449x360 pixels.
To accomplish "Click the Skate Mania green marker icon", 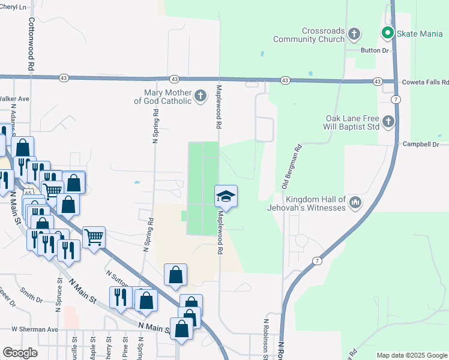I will click(x=387, y=34).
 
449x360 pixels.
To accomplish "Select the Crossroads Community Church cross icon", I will click(x=354, y=34).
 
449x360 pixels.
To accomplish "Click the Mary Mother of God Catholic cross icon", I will click(x=200, y=95).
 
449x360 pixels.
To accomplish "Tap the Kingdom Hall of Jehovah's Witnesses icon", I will click(x=355, y=203).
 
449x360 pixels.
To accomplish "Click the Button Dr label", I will click(x=371, y=50).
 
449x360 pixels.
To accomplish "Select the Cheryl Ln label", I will click(x=14, y=7).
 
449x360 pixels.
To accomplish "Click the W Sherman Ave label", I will click(x=34, y=329).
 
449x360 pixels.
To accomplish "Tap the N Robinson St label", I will click(x=265, y=339).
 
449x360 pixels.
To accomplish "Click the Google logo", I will click(x=20, y=353).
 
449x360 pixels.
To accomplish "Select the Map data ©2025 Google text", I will click(x=411, y=355).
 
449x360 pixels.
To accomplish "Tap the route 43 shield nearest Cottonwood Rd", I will click(x=64, y=78).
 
